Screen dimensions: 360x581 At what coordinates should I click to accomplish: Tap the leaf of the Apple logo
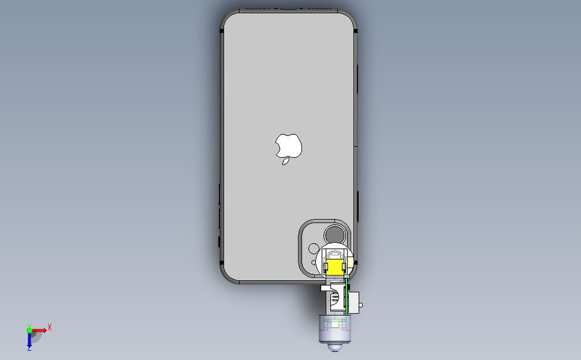[x=286, y=162]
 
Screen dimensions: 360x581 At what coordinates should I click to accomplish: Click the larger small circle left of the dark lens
[x=313, y=248]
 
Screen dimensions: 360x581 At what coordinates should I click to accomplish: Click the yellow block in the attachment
[x=334, y=266]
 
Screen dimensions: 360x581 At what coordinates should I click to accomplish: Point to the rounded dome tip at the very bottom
[x=333, y=349]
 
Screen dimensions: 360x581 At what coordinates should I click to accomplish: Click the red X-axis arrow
[x=39, y=330]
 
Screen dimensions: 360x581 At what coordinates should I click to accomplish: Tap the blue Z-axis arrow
[x=29, y=340]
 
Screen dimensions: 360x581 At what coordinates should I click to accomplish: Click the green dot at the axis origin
[x=29, y=330]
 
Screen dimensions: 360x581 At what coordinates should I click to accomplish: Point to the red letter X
[x=50, y=327]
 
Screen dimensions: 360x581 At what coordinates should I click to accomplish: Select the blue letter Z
[x=29, y=349]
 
